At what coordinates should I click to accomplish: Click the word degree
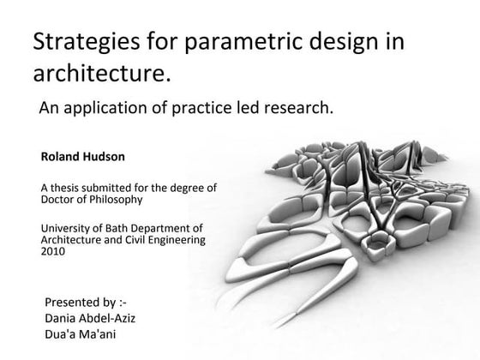[x=178, y=188]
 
